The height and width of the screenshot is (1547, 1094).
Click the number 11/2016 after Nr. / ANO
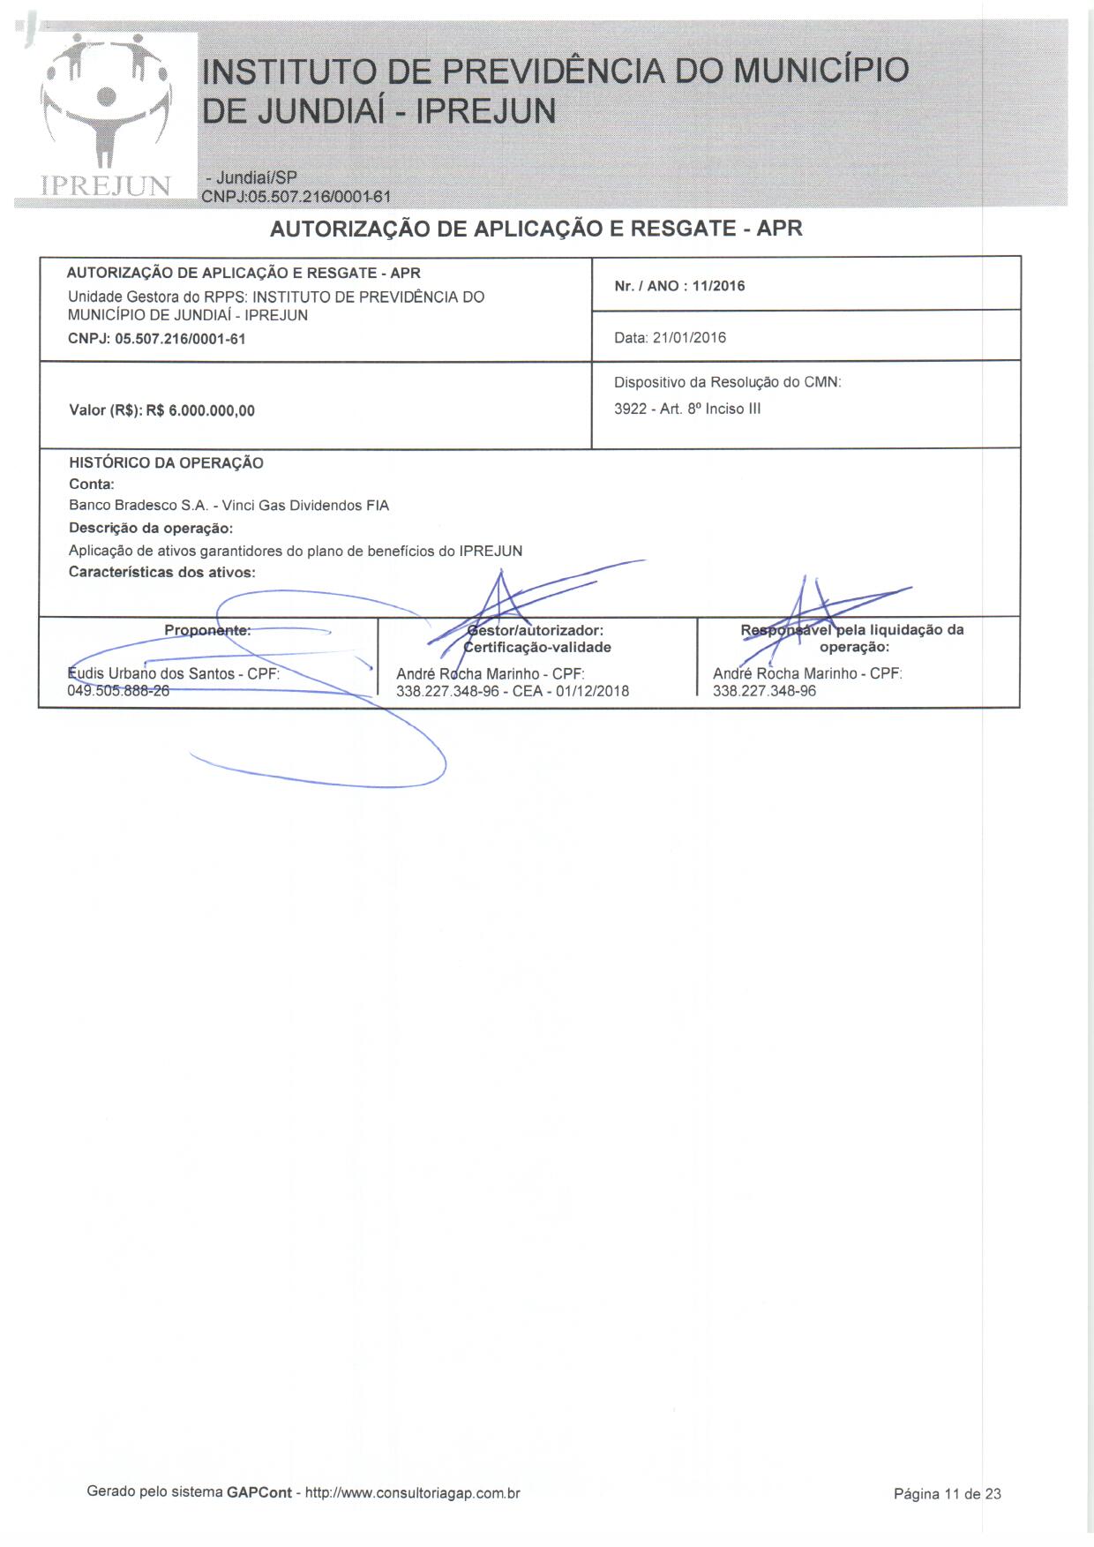click(x=718, y=286)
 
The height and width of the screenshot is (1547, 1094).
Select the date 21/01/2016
click(x=689, y=338)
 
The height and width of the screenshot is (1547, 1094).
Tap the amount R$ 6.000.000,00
click(x=200, y=410)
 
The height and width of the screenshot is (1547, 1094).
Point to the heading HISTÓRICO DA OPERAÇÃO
click(x=166, y=463)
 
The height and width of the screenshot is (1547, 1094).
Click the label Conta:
click(x=92, y=484)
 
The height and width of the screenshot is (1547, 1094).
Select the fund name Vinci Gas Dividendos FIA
click(x=305, y=506)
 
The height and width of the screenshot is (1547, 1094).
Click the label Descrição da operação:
click(x=151, y=529)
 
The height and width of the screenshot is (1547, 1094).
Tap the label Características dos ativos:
click(x=162, y=573)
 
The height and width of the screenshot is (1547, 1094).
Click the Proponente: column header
click(x=207, y=630)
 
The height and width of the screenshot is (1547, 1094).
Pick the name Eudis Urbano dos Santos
click(x=151, y=674)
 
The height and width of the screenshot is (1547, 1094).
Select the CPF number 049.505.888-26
click(x=118, y=691)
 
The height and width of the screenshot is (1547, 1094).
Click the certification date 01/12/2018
click(x=592, y=691)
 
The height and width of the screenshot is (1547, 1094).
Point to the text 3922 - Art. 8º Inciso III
click(x=687, y=409)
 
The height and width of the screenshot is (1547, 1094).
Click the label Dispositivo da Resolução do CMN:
click(x=728, y=383)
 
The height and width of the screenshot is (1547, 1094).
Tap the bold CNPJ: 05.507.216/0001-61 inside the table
click(x=156, y=339)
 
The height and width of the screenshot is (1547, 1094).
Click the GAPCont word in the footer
click(x=259, y=1493)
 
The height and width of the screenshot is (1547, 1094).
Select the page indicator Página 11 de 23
click(x=947, y=1494)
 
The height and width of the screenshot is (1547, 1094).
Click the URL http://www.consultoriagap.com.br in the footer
click(x=412, y=1493)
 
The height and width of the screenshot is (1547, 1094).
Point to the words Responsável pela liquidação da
click(x=852, y=630)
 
